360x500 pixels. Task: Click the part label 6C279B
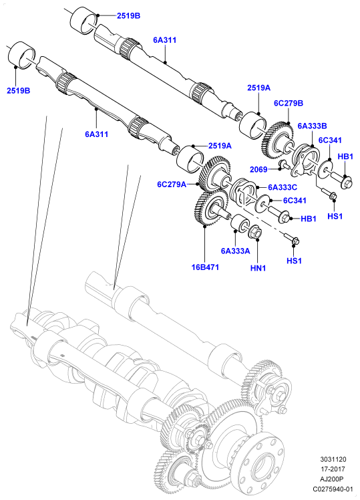(289, 103)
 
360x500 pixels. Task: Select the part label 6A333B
(312, 126)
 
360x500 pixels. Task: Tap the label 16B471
(205, 267)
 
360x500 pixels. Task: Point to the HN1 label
(258, 268)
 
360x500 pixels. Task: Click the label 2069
(258, 169)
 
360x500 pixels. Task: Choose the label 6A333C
(283, 187)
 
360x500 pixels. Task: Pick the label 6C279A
(172, 184)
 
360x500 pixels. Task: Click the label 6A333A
(235, 251)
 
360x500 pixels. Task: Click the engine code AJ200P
(333, 479)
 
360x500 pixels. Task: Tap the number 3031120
(333, 459)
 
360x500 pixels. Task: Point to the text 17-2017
(333, 469)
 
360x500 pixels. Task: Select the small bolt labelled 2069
(284, 164)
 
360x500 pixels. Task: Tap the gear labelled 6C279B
(278, 139)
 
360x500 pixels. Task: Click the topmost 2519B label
(128, 15)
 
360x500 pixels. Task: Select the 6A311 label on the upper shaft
(164, 40)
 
